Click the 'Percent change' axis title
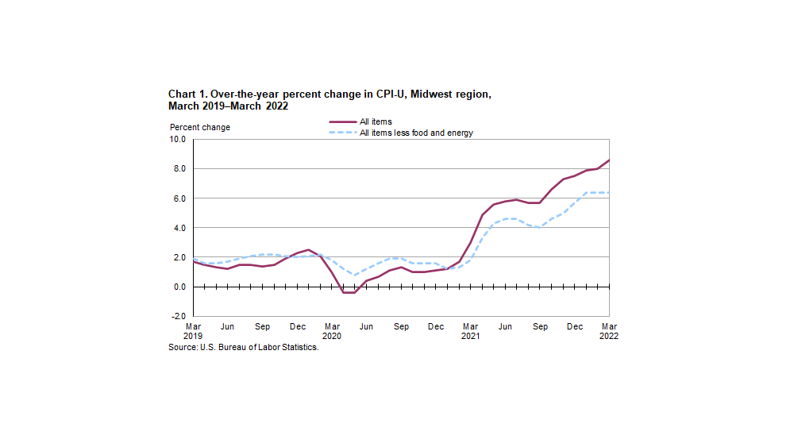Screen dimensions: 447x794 coord(199,127)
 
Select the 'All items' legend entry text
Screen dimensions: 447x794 coord(376,121)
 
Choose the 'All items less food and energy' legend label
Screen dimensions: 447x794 coord(416,133)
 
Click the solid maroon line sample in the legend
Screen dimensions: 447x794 coord(342,121)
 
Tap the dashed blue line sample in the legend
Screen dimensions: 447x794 coord(342,133)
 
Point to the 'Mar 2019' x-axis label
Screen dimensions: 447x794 coord(194,331)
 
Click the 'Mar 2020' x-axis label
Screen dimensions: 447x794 coord(333,331)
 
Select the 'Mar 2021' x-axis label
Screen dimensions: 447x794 coord(471,331)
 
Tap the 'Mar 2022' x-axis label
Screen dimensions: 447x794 coord(608,331)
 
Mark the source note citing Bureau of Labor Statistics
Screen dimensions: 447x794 coord(243,348)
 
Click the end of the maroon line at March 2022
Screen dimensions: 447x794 coord(609,160)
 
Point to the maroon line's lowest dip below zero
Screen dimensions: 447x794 coord(349,293)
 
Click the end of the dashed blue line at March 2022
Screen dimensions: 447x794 coord(609,192)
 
